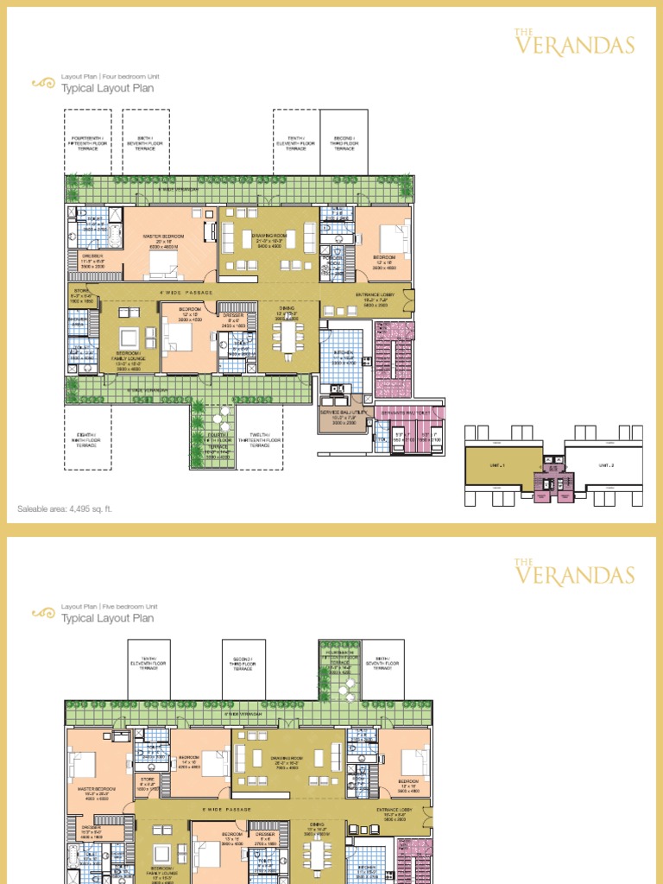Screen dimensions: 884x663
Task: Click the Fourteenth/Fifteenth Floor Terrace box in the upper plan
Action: (x=87, y=143)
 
